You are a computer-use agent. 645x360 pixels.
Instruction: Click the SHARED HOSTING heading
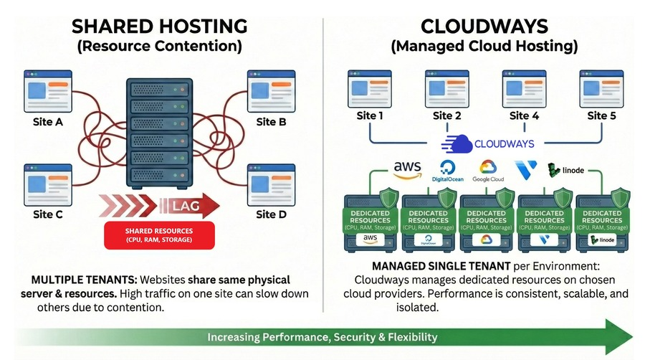point(160,27)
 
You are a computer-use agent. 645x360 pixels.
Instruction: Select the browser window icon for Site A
point(48,91)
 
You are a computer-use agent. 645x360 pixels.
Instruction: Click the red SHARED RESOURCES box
point(159,235)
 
